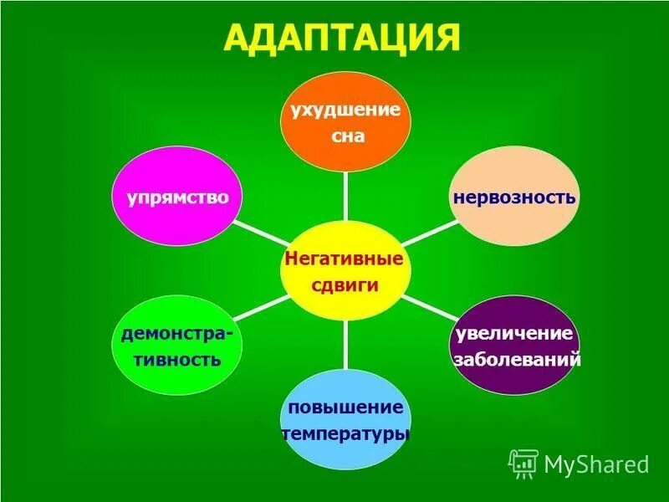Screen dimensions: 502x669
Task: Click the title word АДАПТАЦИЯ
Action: point(344,38)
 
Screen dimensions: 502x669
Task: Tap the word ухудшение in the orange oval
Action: point(345,111)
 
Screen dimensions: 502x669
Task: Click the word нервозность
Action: point(515,197)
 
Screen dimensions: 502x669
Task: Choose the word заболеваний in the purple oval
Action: point(516,361)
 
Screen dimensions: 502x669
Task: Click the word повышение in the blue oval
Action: point(346,407)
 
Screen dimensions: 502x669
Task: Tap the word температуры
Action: point(345,435)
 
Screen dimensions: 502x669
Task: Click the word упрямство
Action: point(178,197)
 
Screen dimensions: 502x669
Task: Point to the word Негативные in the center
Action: point(345,259)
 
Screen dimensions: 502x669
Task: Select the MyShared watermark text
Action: point(596,464)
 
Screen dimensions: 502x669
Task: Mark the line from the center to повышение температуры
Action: point(345,351)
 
